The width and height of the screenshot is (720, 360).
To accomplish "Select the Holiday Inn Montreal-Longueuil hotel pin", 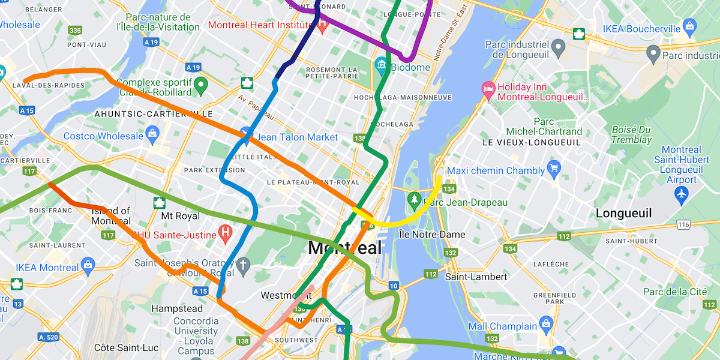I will coord(488,89).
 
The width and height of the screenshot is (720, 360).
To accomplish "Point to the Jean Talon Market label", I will coord(298,137).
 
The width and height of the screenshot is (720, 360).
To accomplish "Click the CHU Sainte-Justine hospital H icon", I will coord(225,231).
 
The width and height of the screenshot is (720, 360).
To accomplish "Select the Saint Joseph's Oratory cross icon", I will coord(243,265).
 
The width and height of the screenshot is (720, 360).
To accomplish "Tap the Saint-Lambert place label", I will coord(476,277).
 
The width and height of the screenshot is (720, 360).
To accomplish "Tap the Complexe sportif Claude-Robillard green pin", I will coord(201,85).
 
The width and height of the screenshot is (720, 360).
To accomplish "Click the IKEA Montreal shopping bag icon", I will coord(88,265).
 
